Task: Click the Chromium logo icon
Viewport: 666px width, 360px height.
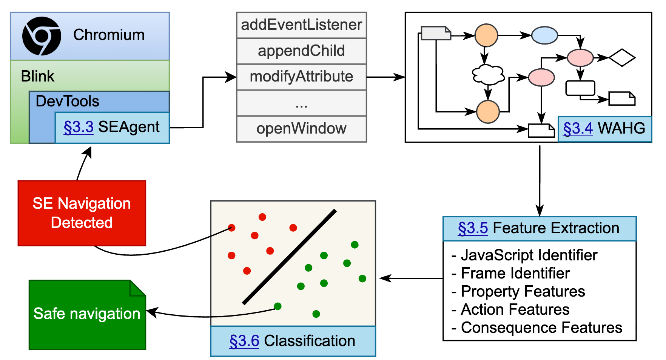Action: [x=42, y=36]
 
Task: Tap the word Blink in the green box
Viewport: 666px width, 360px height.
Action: [x=37, y=76]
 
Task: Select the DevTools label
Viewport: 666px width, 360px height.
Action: [x=67, y=101]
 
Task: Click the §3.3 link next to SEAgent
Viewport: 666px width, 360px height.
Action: [x=79, y=127]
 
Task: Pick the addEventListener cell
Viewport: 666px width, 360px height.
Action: [x=301, y=25]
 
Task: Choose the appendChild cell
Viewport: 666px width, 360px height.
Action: [x=301, y=51]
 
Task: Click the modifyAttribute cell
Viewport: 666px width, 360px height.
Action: [x=301, y=77]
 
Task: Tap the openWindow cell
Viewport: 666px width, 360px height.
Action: [x=301, y=129]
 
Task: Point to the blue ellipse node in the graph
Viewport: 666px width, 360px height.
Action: [x=544, y=35]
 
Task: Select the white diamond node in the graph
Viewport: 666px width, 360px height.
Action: [x=622, y=58]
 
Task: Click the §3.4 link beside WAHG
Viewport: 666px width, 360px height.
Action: [x=578, y=129]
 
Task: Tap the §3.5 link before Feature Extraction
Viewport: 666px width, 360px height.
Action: [x=473, y=228]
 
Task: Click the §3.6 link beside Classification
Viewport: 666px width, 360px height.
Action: [x=244, y=341]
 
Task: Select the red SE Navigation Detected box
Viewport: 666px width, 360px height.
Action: [x=82, y=213]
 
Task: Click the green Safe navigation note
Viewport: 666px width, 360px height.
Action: [x=87, y=314]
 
